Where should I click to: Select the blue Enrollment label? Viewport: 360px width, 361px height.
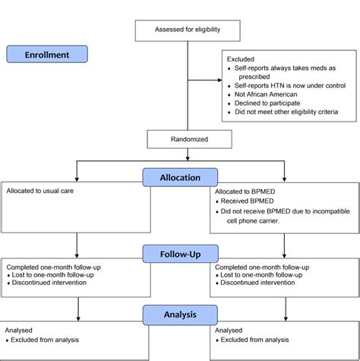(x=47, y=55)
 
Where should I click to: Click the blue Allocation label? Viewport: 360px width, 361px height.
(x=180, y=177)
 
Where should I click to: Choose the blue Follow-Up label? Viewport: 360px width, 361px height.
(x=180, y=252)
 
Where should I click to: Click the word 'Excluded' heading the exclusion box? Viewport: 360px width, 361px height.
(x=241, y=59)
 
